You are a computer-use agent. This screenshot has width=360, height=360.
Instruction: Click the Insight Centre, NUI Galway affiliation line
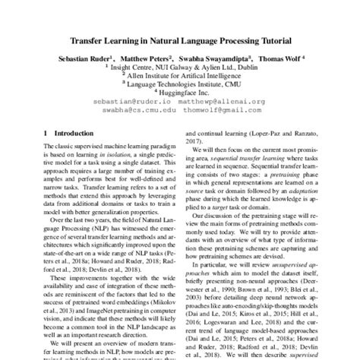(180, 68)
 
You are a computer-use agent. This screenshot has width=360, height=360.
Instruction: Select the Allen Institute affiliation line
(180, 77)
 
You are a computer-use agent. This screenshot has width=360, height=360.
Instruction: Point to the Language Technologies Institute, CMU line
(180, 87)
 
